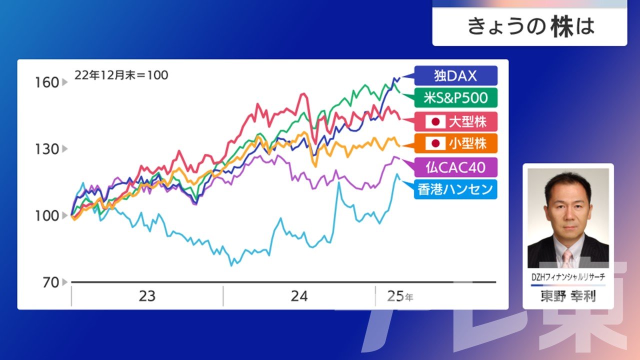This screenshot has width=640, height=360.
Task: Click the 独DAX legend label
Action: click(455, 75)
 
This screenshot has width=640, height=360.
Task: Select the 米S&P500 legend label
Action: click(455, 97)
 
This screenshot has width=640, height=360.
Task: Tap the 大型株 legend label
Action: click(455, 121)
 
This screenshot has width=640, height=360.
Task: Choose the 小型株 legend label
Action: click(455, 143)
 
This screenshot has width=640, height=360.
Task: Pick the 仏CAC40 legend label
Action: click(455, 167)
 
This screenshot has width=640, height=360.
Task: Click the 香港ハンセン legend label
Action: click(455, 189)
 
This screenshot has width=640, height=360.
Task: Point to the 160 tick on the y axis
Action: click(47, 82)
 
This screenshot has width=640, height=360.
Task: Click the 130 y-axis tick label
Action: click(47, 149)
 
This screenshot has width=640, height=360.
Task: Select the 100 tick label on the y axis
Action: click(47, 216)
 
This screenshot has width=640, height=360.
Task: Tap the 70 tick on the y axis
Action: click(51, 282)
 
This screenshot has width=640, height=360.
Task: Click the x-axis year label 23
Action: click(147, 296)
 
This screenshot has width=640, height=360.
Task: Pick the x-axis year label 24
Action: click(299, 296)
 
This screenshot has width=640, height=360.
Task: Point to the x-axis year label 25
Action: click(395, 296)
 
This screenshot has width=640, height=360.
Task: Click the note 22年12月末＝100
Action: click(121, 75)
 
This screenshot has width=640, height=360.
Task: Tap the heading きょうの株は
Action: click(531, 27)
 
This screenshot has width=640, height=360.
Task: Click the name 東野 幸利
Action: click(568, 296)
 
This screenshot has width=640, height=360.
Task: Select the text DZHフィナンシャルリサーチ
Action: click(568, 277)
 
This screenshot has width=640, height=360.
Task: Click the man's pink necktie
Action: click(567, 258)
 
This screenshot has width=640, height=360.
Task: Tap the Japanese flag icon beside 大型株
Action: click(435, 122)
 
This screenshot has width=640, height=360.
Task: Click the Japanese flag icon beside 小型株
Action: click(435, 143)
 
